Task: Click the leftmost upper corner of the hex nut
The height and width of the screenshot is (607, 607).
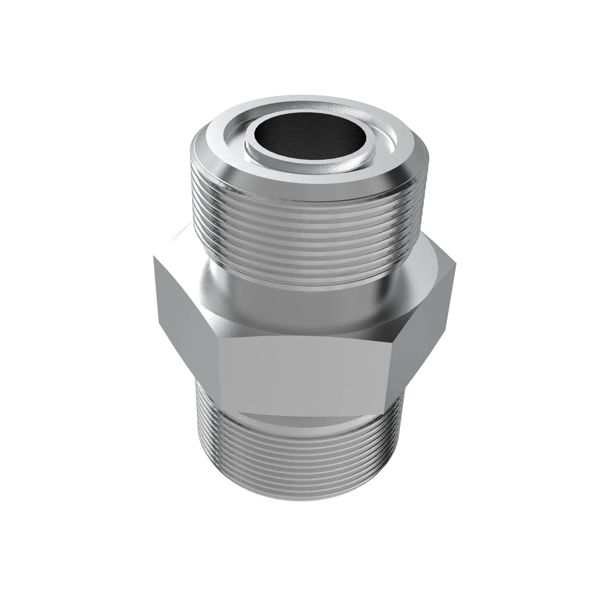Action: click(154, 256)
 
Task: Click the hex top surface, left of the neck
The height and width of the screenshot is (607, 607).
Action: click(182, 251)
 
